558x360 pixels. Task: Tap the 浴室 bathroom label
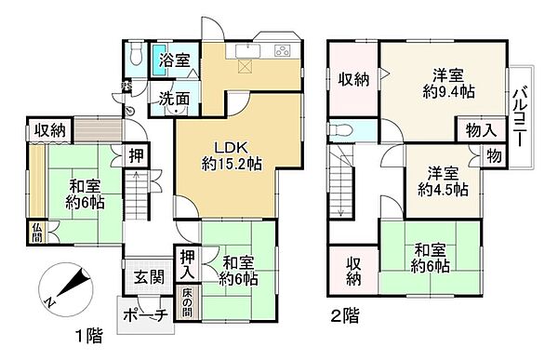pos(176,60)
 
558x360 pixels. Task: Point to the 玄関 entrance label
pos(144,276)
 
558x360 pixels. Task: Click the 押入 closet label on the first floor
pos(186,263)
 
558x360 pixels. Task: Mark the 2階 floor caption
pos(344,314)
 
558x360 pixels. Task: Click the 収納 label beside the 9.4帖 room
pos(352,80)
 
